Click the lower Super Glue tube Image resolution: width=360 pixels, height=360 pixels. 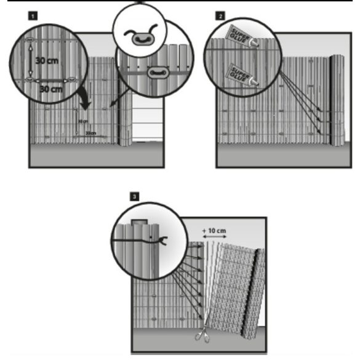pos(242,73)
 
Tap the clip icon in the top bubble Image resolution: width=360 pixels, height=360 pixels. pos(141,36)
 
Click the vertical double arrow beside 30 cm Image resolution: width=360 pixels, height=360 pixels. pos(31,61)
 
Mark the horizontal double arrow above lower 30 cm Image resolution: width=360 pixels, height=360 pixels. pos(50,80)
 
